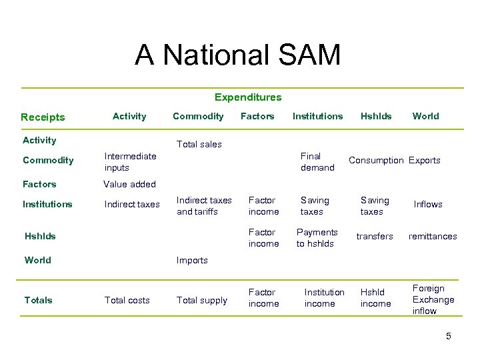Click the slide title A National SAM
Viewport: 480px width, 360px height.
tap(237, 55)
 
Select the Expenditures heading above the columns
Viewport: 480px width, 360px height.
tap(247, 97)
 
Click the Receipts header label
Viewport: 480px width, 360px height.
tap(43, 117)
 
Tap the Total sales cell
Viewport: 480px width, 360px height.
tap(199, 144)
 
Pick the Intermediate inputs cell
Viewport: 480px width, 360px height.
tap(131, 161)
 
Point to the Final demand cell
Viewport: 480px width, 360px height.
tap(317, 161)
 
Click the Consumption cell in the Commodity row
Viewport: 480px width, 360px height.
tap(376, 161)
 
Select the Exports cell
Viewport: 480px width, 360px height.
tap(425, 161)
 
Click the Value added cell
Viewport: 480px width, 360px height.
tap(129, 184)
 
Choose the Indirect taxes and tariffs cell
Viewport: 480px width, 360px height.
tap(204, 205)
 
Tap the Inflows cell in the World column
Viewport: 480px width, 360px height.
tap(428, 205)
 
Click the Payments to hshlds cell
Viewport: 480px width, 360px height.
tap(317, 238)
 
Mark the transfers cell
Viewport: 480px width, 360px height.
tap(375, 236)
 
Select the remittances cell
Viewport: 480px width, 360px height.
tap(433, 236)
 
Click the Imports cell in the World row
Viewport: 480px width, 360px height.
tap(192, 260)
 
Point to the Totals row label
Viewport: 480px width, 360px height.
tap(38, 300)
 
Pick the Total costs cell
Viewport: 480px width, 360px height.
tap(127, 301)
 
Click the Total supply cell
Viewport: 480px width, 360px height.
tap(201, 301)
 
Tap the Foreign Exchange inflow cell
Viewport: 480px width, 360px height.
tap(433, 299)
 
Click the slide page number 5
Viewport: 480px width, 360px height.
tap(449, 336)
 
